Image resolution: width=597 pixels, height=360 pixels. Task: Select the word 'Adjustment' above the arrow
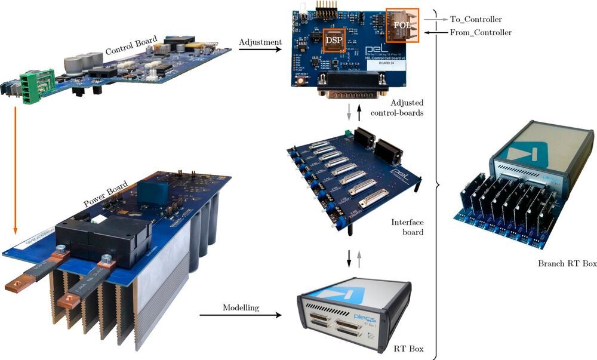[x=259, y=42]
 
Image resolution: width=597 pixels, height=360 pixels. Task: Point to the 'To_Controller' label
[x=476, y=20]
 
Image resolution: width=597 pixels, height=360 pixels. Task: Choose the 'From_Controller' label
[x=480, y=32]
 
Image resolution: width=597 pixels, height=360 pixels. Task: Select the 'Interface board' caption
[x=407, y=226]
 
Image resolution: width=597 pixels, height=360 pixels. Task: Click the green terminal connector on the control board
[x=35, y=88]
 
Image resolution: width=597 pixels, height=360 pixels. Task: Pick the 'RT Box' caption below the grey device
[x=410, y=348]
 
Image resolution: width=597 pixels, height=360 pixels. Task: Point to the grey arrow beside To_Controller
[x=435, y=20]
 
